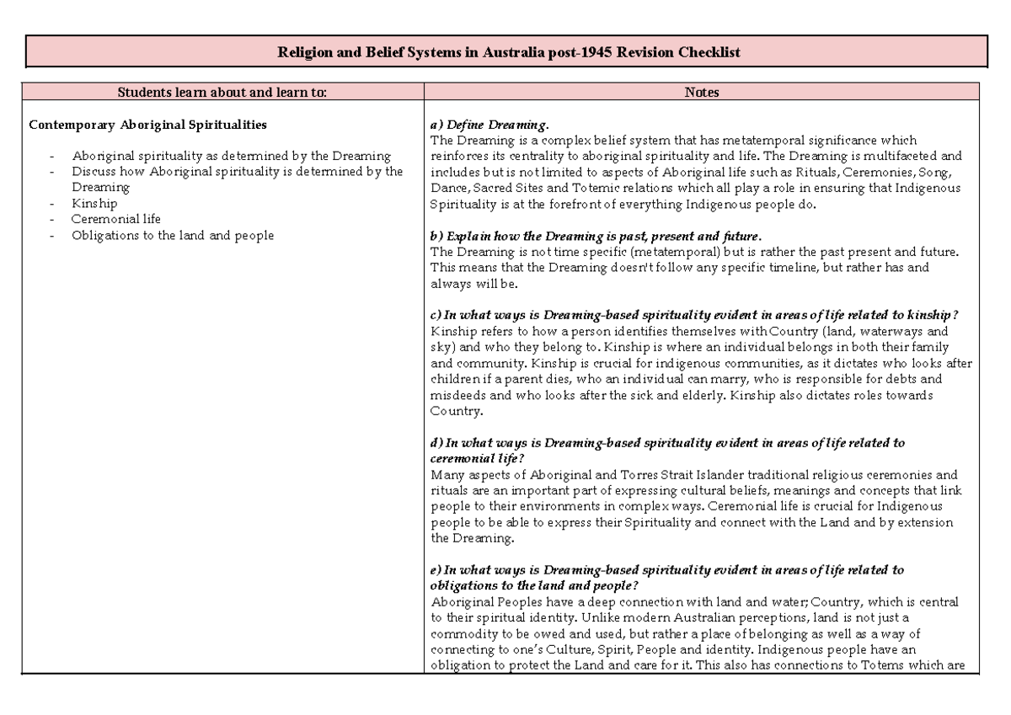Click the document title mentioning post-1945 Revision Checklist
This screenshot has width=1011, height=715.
[509, 52]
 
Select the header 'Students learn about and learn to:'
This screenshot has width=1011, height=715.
[222, 93]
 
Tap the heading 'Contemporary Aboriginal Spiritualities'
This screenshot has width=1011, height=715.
[147, 125]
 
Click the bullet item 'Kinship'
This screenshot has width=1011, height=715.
[94, 204]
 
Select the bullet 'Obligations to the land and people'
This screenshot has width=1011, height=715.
[173, 236]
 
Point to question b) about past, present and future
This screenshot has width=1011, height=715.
[596, 236]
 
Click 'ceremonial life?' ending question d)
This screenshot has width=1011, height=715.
[477, 458]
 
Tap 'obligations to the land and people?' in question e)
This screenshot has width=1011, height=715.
[534, 586]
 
